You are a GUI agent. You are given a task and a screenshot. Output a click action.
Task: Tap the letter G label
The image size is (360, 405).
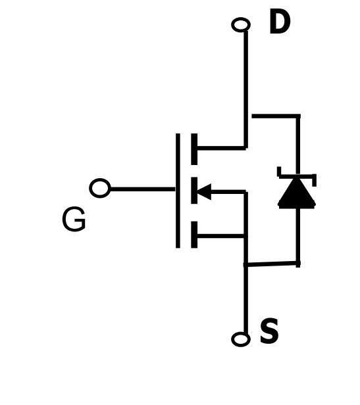74,219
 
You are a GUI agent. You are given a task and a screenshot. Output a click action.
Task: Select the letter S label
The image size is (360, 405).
269,331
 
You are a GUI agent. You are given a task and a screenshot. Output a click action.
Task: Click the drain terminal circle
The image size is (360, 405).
241,25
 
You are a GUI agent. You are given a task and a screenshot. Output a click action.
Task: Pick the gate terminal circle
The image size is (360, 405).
100,188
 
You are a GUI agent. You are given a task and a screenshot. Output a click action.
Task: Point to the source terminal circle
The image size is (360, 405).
241,339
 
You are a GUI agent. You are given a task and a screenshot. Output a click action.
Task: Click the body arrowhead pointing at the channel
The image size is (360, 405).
205,192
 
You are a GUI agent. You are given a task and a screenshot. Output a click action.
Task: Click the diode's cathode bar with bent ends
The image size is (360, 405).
297,176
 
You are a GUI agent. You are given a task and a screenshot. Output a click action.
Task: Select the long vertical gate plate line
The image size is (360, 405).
178,191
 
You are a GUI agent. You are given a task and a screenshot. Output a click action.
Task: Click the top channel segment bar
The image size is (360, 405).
194,149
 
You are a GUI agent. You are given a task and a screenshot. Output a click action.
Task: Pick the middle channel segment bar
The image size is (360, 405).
194,191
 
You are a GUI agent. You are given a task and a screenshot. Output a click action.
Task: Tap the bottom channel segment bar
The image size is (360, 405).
194,235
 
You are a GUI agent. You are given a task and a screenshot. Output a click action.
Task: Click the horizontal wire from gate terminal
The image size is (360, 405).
143,189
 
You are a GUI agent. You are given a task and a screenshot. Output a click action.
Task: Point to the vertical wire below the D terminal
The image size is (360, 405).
245,89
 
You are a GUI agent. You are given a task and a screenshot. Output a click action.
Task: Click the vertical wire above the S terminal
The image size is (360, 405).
245,299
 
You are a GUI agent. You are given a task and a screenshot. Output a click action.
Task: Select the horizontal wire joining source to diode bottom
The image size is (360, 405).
272,264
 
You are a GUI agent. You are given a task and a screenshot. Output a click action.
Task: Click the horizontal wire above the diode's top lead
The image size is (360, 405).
276,116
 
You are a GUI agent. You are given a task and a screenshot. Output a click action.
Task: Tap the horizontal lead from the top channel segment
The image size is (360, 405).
222,148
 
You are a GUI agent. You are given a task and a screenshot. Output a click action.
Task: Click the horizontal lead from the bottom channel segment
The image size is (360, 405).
222,236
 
